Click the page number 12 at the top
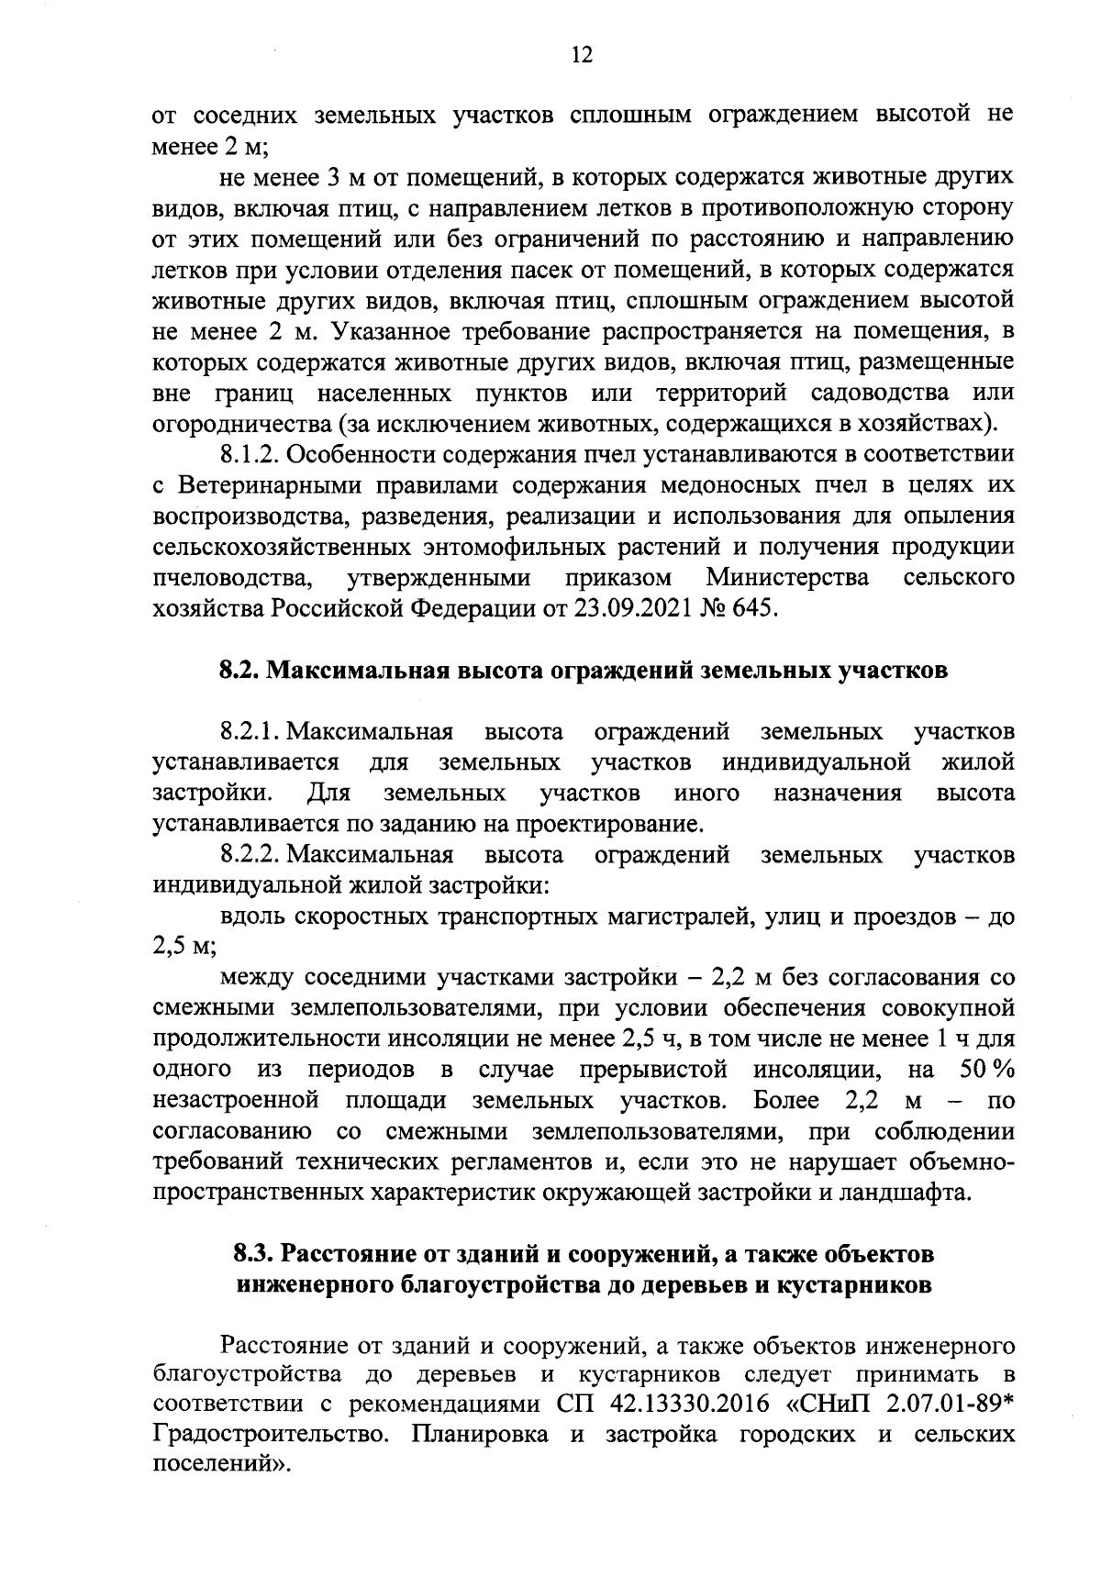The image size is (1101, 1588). [581, 55]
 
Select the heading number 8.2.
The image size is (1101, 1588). [240, 671]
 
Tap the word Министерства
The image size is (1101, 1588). [789, 578]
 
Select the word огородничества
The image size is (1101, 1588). [240, 424]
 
